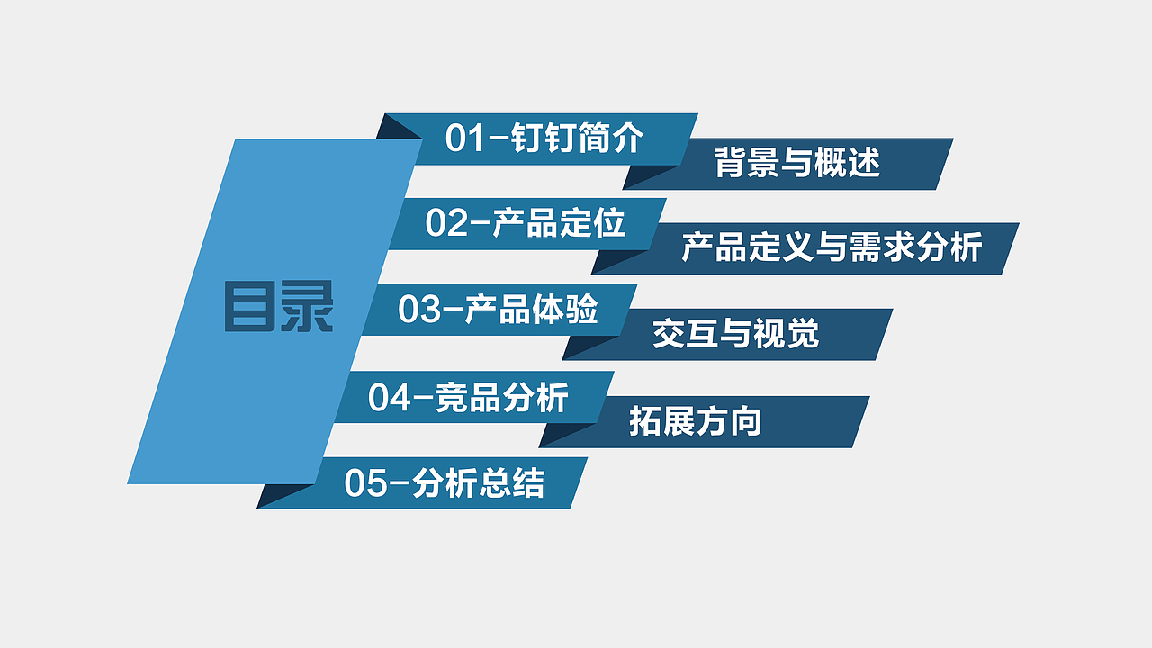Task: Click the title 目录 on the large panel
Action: click(x=278, y=307)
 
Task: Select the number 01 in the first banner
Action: click(x=465, y=139)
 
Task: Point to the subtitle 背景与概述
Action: click(x=796, y=164)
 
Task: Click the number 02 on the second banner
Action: click(x=446, y=223)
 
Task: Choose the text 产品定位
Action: click(x=559, y=223)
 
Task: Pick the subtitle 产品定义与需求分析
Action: click(x=831, y=247)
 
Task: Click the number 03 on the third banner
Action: click(x=419, y=310)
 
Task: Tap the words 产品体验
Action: click(x=532, y=310)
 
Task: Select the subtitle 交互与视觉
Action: click(x=735, y=334)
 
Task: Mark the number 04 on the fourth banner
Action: click(x=390, y=397)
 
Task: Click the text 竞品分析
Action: click(x=501, y=397)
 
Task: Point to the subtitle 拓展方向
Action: click(x=695, y=421)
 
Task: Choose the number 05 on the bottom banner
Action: click(x=365, y=483)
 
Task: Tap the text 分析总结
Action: click(x=478, y=483)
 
